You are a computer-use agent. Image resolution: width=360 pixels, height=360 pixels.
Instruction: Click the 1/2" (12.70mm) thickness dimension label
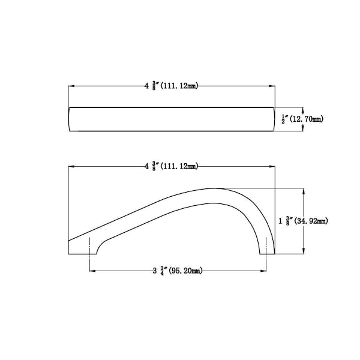coord(302,119)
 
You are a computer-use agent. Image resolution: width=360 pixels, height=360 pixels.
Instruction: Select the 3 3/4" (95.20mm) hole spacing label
coord(178,271)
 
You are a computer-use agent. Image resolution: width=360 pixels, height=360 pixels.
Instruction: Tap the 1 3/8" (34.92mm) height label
coord(303,221)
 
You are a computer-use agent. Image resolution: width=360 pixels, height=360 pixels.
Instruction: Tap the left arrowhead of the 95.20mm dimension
coord(92,271)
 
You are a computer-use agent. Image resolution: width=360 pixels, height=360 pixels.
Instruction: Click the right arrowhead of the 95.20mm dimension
coord(263,271)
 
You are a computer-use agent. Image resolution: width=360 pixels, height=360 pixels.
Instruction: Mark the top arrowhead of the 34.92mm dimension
coord(304,191)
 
